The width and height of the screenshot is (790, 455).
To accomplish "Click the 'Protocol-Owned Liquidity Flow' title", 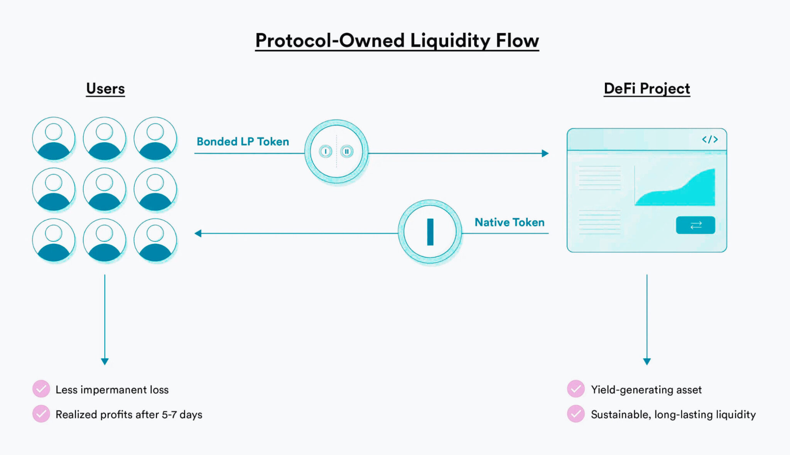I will (x=397, y=40).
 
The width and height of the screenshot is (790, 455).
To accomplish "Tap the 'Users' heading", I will (x=105, y=89).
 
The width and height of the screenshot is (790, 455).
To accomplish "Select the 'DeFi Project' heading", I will (x=647, y=89).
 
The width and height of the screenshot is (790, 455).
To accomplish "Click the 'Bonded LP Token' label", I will (x=243, y=142).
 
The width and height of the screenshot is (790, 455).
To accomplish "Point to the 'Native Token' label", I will (x=509, y=222).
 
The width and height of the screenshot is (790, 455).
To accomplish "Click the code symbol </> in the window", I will (x=709, y=140).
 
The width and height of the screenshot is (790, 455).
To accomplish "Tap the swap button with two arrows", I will (x=695, y=225).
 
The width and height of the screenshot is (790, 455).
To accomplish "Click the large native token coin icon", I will (x=430, y=232).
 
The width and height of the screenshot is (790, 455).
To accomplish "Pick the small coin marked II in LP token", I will (x=346, y=152).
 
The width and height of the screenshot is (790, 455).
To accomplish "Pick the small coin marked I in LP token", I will (x=326, y=152).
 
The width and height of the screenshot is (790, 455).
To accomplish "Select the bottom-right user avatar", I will (x=155, y=240).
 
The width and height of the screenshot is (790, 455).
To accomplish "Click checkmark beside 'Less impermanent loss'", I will (x=41, y=389).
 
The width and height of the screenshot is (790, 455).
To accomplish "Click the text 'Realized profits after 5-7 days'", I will (x=129, y=415).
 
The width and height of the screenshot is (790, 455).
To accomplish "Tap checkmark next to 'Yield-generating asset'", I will (x=576, y=389).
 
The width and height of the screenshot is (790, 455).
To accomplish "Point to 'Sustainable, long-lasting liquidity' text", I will (x=673, y=415).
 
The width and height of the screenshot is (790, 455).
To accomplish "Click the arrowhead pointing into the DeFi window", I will (x=545, y=153).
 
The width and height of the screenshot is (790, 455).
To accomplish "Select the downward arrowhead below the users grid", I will (x=105, y=361).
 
